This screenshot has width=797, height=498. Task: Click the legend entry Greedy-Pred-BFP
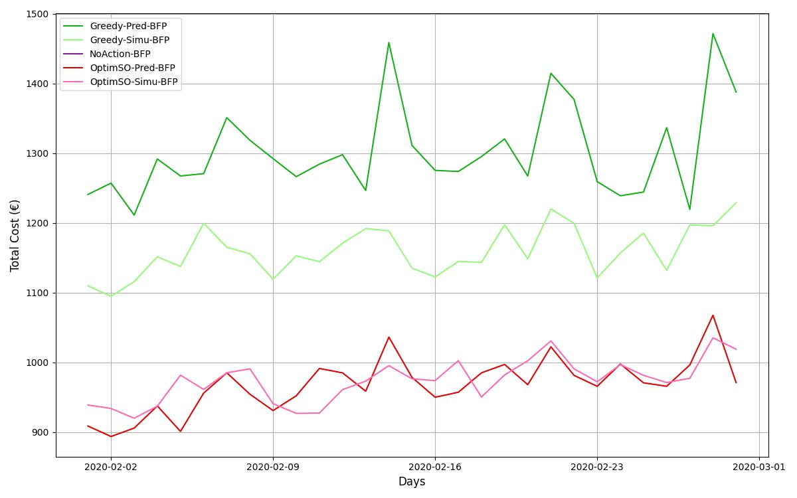point(128,27)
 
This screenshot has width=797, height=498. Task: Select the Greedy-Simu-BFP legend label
point(130,41)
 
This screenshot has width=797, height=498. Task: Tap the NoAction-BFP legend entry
point(120,54)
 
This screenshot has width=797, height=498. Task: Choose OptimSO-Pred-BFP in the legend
point(132,68)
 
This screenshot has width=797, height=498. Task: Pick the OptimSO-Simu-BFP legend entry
point(133,82)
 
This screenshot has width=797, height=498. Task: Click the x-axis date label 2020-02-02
point(111,467)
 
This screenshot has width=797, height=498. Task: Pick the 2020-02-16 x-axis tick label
point(435,467)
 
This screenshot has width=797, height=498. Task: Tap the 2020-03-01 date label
point(759,467)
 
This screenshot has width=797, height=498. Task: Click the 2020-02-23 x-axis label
point(597,467)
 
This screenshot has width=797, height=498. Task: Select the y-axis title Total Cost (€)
point(15,235)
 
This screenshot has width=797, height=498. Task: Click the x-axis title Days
point(412,482)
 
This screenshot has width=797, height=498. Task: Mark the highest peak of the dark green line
point(713,34)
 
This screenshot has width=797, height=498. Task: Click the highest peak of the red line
point(713,315)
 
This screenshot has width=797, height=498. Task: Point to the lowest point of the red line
point(111,436)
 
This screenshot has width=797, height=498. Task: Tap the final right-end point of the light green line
point(736,203)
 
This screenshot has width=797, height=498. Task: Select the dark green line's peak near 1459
point(389,42)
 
